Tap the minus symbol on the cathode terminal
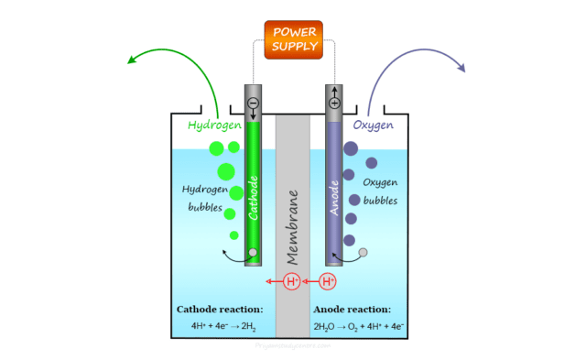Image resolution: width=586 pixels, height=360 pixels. tap(252, 102)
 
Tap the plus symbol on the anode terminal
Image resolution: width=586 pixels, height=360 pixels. tap(334, 103)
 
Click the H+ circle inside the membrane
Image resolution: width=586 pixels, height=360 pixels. tap(292, 281)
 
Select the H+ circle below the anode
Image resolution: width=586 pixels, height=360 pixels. tap(328, 281)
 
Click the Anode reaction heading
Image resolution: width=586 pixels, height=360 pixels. tap(365, 309)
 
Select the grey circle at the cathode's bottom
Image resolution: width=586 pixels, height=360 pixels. tap(253, 253)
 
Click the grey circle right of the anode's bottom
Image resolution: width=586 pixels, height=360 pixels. tap(364, 252)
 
